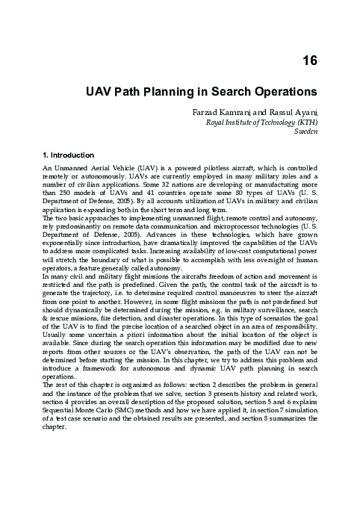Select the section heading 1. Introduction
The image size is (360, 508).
click(72, 155)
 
